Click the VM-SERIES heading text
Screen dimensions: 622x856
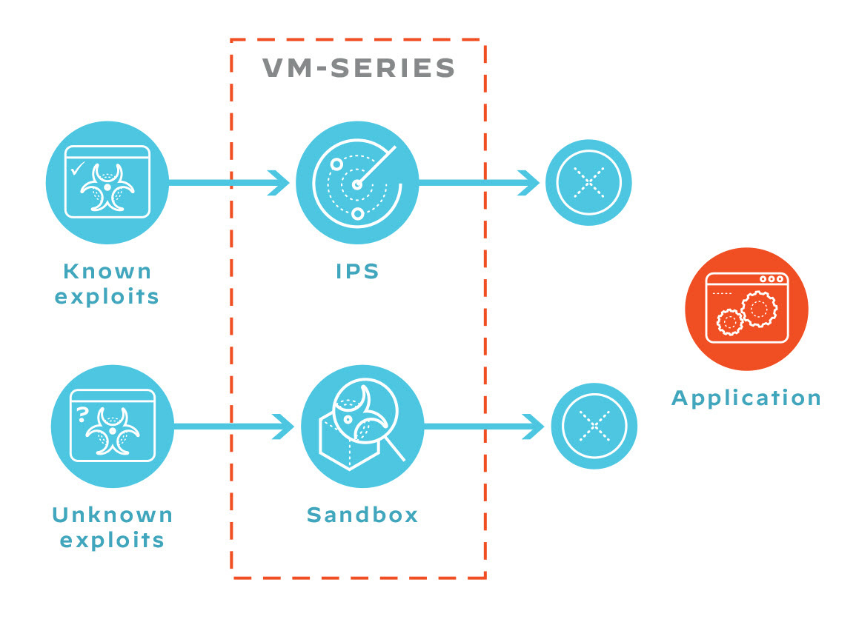coord(359,69)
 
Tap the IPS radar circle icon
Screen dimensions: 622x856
coord(356,182)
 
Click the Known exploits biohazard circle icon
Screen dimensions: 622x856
coord(107,181)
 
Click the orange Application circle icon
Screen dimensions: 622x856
coord(746,309)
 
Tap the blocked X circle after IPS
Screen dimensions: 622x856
coord(588,182)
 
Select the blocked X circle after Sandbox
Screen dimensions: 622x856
coord(594,426)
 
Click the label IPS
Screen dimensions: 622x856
coord(358,272)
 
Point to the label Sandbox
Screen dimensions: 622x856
coord(362,515)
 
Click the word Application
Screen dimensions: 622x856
coord(746,398)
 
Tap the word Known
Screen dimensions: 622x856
coord(107,272)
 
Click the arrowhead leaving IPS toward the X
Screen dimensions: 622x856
coord(531,182)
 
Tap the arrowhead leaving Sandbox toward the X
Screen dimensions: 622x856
coord(535,426)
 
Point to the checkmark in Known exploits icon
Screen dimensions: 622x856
coord(76,169)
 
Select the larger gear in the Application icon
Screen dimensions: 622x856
coord(759,309)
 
